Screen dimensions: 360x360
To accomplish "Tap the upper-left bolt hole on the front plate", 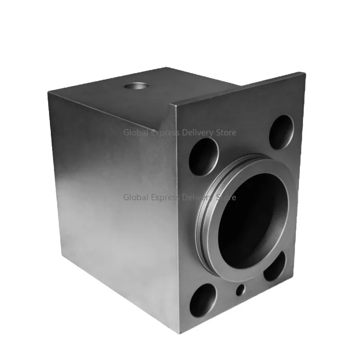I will pyautogui.click(x=203, y=156).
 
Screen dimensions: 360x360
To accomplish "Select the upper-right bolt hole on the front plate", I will pyautogui.click(x=281, y=131).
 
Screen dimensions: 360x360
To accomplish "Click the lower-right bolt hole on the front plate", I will pyautogui.click(x=274, y=266).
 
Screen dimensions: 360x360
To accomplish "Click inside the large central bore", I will pyautogui.click(x=252, y=216).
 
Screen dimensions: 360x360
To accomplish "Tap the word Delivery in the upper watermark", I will pyautogui.click(x=198, y=133).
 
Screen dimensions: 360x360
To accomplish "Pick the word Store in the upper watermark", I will pyautogui.click(x=227, y=133).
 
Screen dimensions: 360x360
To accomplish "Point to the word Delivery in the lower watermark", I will pyautogui.click(x=198, y=197).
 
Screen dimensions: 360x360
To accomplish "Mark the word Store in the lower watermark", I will pyautogui.click(x=227, y=197).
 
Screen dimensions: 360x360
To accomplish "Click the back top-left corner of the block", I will pyautogui.click(x=49, y=91).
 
